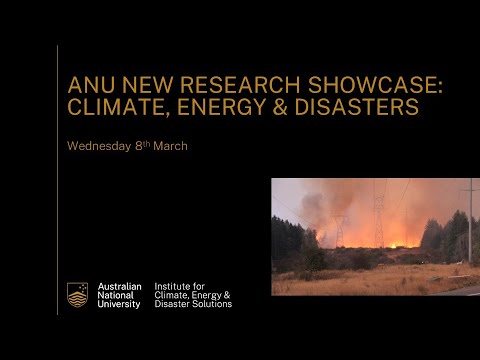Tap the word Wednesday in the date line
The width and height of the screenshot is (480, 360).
(100, 146)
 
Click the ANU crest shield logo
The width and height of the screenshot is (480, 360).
(77, 294)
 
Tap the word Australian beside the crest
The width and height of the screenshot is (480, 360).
(119, 286)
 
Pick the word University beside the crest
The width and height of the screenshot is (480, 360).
(119, 303)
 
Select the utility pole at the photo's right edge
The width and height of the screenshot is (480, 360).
(467, 225)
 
